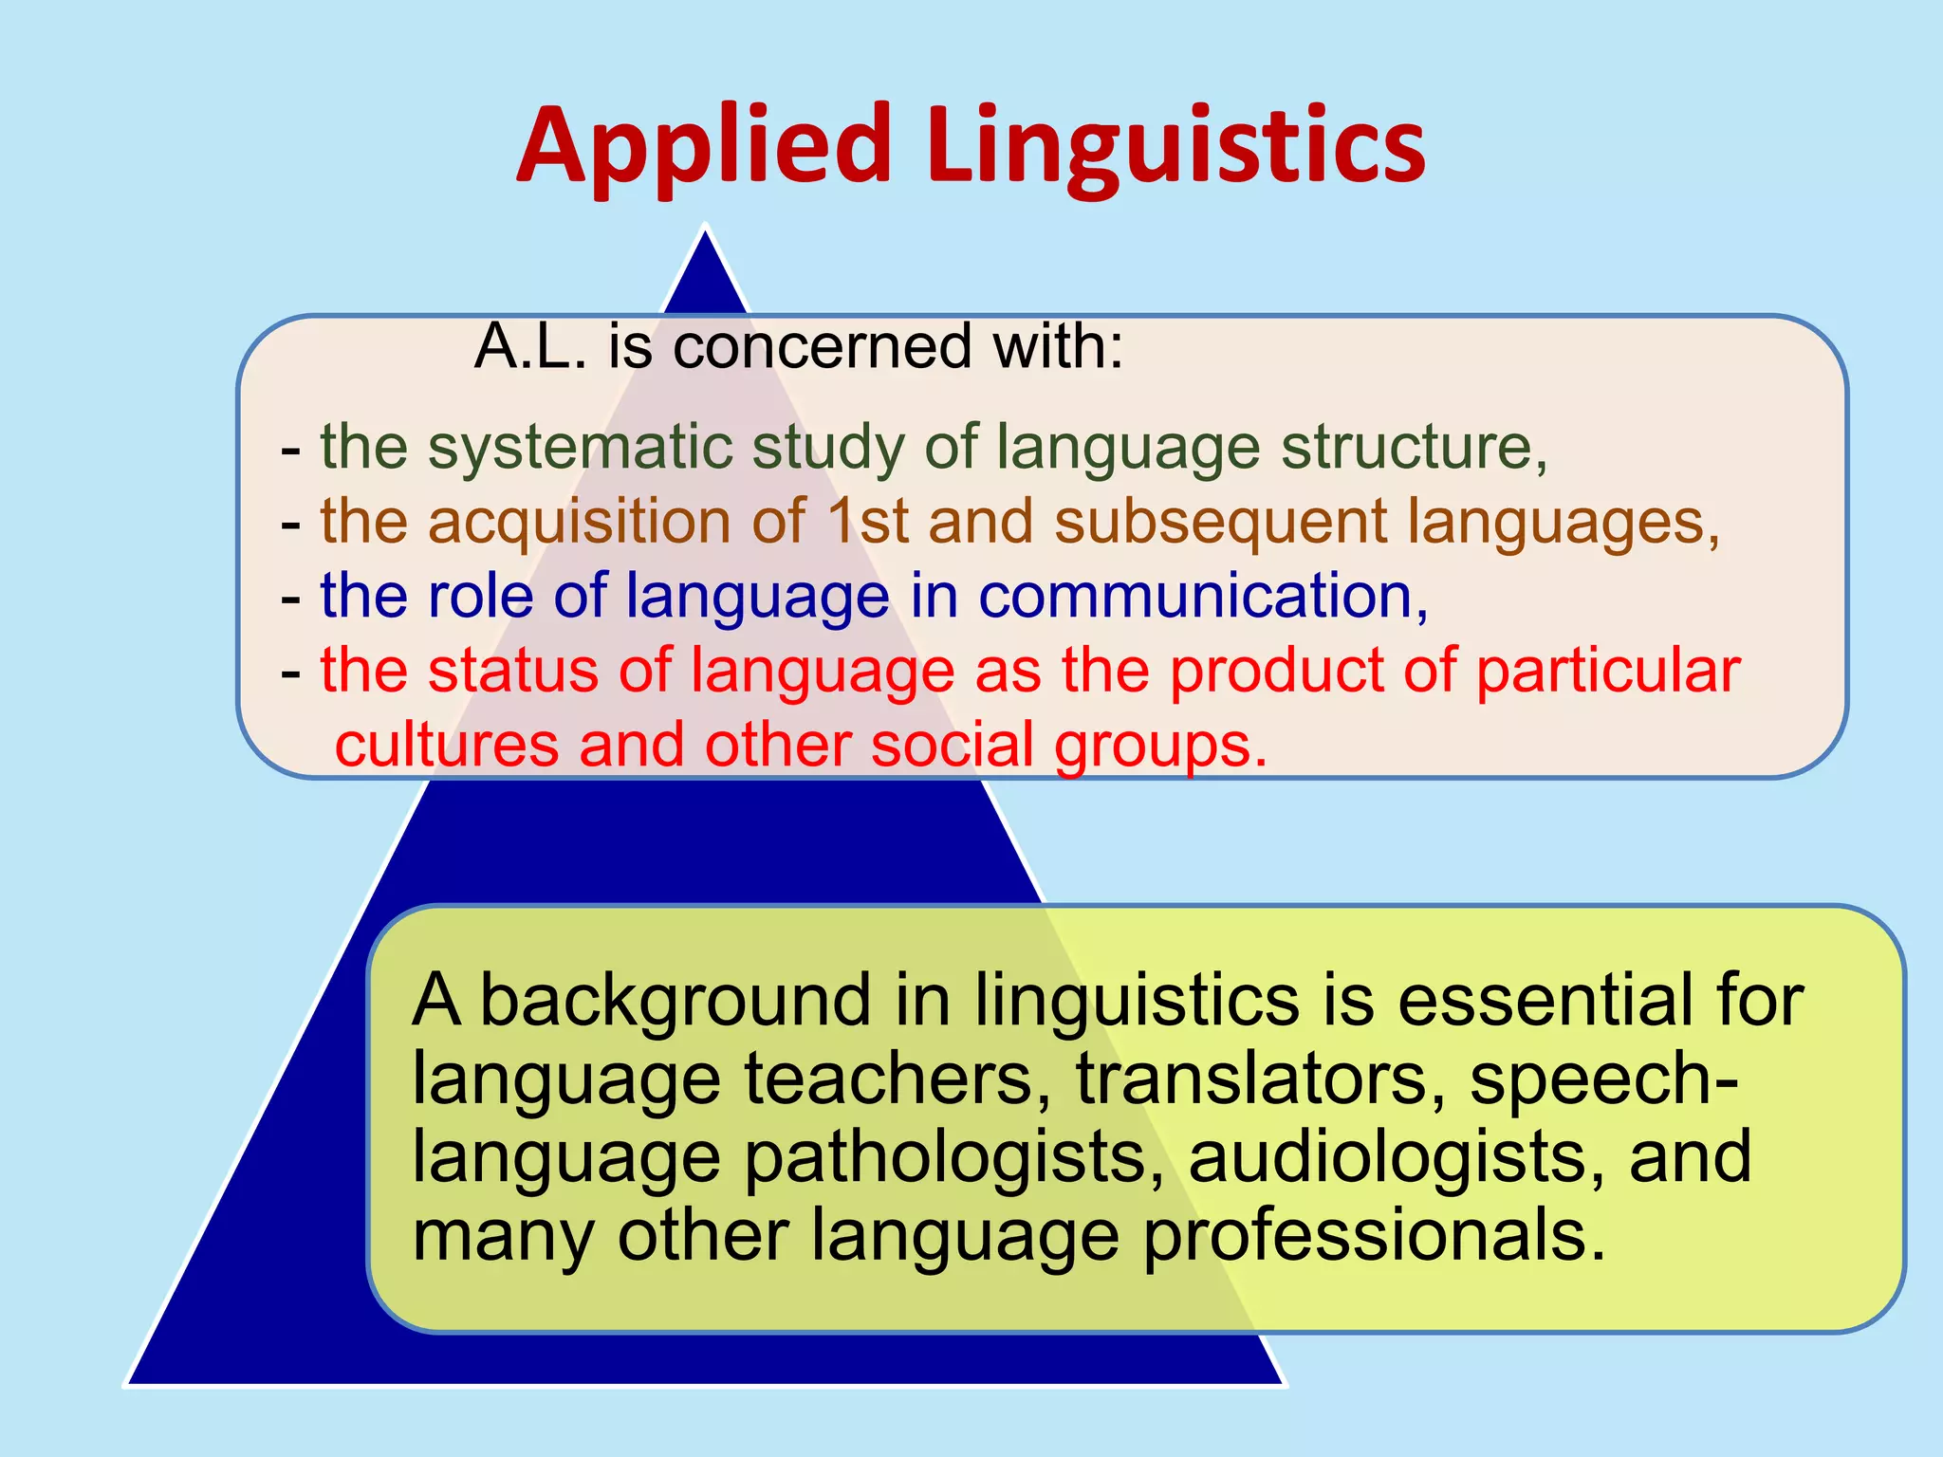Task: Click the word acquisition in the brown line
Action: click(x=579, y=522)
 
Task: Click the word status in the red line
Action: click(x=511, y=671)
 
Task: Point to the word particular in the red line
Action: click(x=1607, y=671)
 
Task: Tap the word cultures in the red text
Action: click(x=446, y=745)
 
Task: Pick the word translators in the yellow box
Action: click(x=1252, y=1079)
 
